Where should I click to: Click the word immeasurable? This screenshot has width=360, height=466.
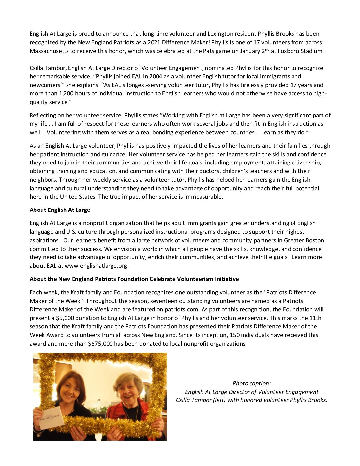205,197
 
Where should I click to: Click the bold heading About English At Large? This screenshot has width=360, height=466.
60,210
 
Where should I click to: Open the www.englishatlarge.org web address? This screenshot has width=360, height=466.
96,266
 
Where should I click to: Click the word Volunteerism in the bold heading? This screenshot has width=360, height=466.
195,279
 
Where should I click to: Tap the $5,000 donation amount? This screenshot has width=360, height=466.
63,318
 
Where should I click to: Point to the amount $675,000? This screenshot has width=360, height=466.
100,344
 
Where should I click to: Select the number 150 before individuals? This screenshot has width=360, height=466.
235,335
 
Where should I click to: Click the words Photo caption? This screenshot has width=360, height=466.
251,383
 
